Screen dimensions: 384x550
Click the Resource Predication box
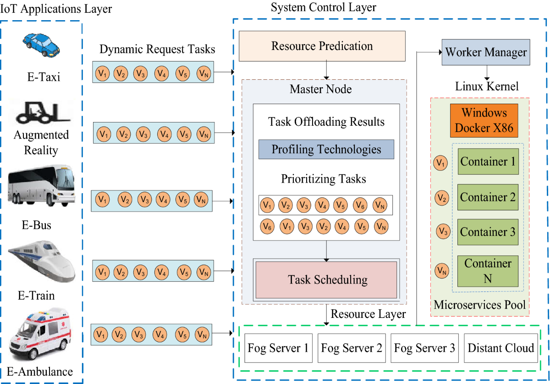click(x=322, y=46)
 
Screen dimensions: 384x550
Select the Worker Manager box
click(x=486, y=52)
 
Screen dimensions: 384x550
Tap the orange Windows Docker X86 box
click(x=484, y=120)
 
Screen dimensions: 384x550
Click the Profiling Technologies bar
click(x=326, y=150)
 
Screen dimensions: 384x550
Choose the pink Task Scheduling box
click(x=326, y=280)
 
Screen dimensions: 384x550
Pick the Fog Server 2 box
click(x=351, y=348)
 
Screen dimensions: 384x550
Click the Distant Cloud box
click(x=500, y=348)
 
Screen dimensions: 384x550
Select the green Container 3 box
click(x=488, y=232)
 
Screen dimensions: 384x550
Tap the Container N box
click(x=488, y=271)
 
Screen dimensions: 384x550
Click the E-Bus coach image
click(x=41, y=186)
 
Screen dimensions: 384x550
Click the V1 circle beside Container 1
click(x=440, y=163)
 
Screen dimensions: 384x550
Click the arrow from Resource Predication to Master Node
click(x=326, y=70)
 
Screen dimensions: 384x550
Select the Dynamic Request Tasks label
click(x=157, y=50)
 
